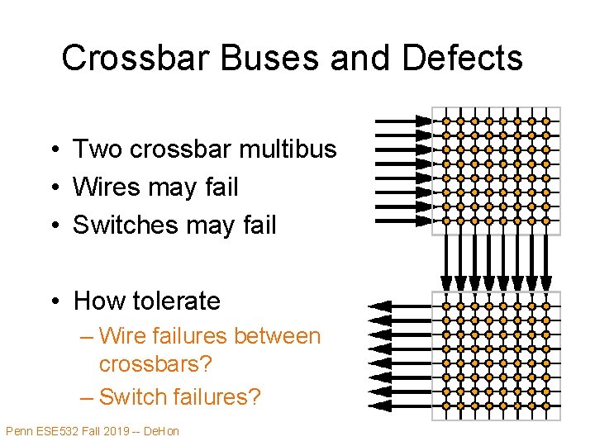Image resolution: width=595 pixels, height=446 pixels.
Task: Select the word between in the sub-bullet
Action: click(277, 336)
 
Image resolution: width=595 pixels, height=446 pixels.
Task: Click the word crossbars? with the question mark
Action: click(153, 363)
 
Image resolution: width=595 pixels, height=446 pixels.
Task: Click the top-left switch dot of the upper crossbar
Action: click(446, 121)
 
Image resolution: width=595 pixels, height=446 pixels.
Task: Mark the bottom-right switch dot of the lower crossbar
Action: click(545, 406)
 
